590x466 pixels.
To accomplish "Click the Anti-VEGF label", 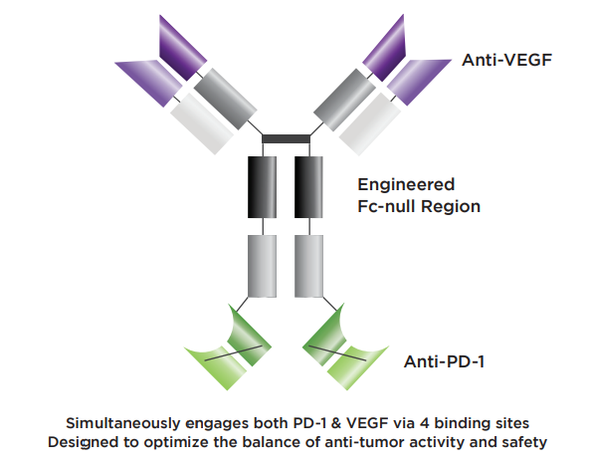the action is click(x=506, y=60).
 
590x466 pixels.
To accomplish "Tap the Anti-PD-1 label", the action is click(x=444, y=361).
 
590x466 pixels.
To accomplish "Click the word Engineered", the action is click(x=406, y=184).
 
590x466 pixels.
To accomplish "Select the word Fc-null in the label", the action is click(x=386, y=206).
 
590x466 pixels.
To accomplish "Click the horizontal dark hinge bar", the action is click(x=286, y=139).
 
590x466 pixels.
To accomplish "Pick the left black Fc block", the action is click(x=262, y=187).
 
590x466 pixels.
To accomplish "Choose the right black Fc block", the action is click(x=308, y=187).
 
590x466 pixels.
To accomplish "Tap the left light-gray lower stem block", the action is click(x=262, y=266).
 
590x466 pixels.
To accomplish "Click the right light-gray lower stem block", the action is click(x=308, y=266).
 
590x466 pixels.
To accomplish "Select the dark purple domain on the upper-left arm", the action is click(x=181, y=49).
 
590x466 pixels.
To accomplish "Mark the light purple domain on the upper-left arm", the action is click(x=150, y=81).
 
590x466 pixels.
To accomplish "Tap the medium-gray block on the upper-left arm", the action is click(x=226, y=99).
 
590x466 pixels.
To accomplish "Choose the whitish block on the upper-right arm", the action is click(x=370, y=123).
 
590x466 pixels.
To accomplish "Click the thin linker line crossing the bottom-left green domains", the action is click(x=233, y=352).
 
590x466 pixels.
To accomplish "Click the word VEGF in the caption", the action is click(x=367, y=423).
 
